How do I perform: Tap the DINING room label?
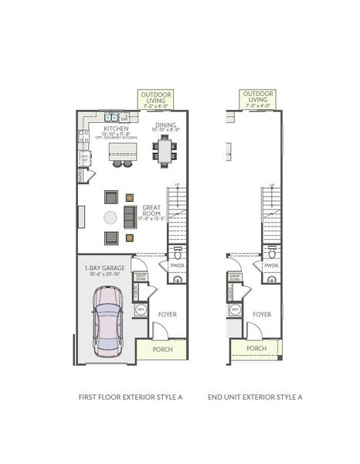point(165,125)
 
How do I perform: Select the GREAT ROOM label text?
point(151,208)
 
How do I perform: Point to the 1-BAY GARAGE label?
point(106,268)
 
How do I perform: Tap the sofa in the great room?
point(130,217)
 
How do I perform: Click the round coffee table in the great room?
point(111,217)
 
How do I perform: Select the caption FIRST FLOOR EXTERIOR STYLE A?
point(131,397)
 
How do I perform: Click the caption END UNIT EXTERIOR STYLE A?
point(255,397)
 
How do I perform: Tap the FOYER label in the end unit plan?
point(261,315)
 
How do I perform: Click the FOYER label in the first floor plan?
point(168,315)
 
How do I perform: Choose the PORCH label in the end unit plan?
point(256,349)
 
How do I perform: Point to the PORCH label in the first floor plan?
point(162,349)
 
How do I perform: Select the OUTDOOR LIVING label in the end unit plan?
point(258,97)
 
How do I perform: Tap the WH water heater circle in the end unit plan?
point(235,310)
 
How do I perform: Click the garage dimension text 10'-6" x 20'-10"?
point(106,275)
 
